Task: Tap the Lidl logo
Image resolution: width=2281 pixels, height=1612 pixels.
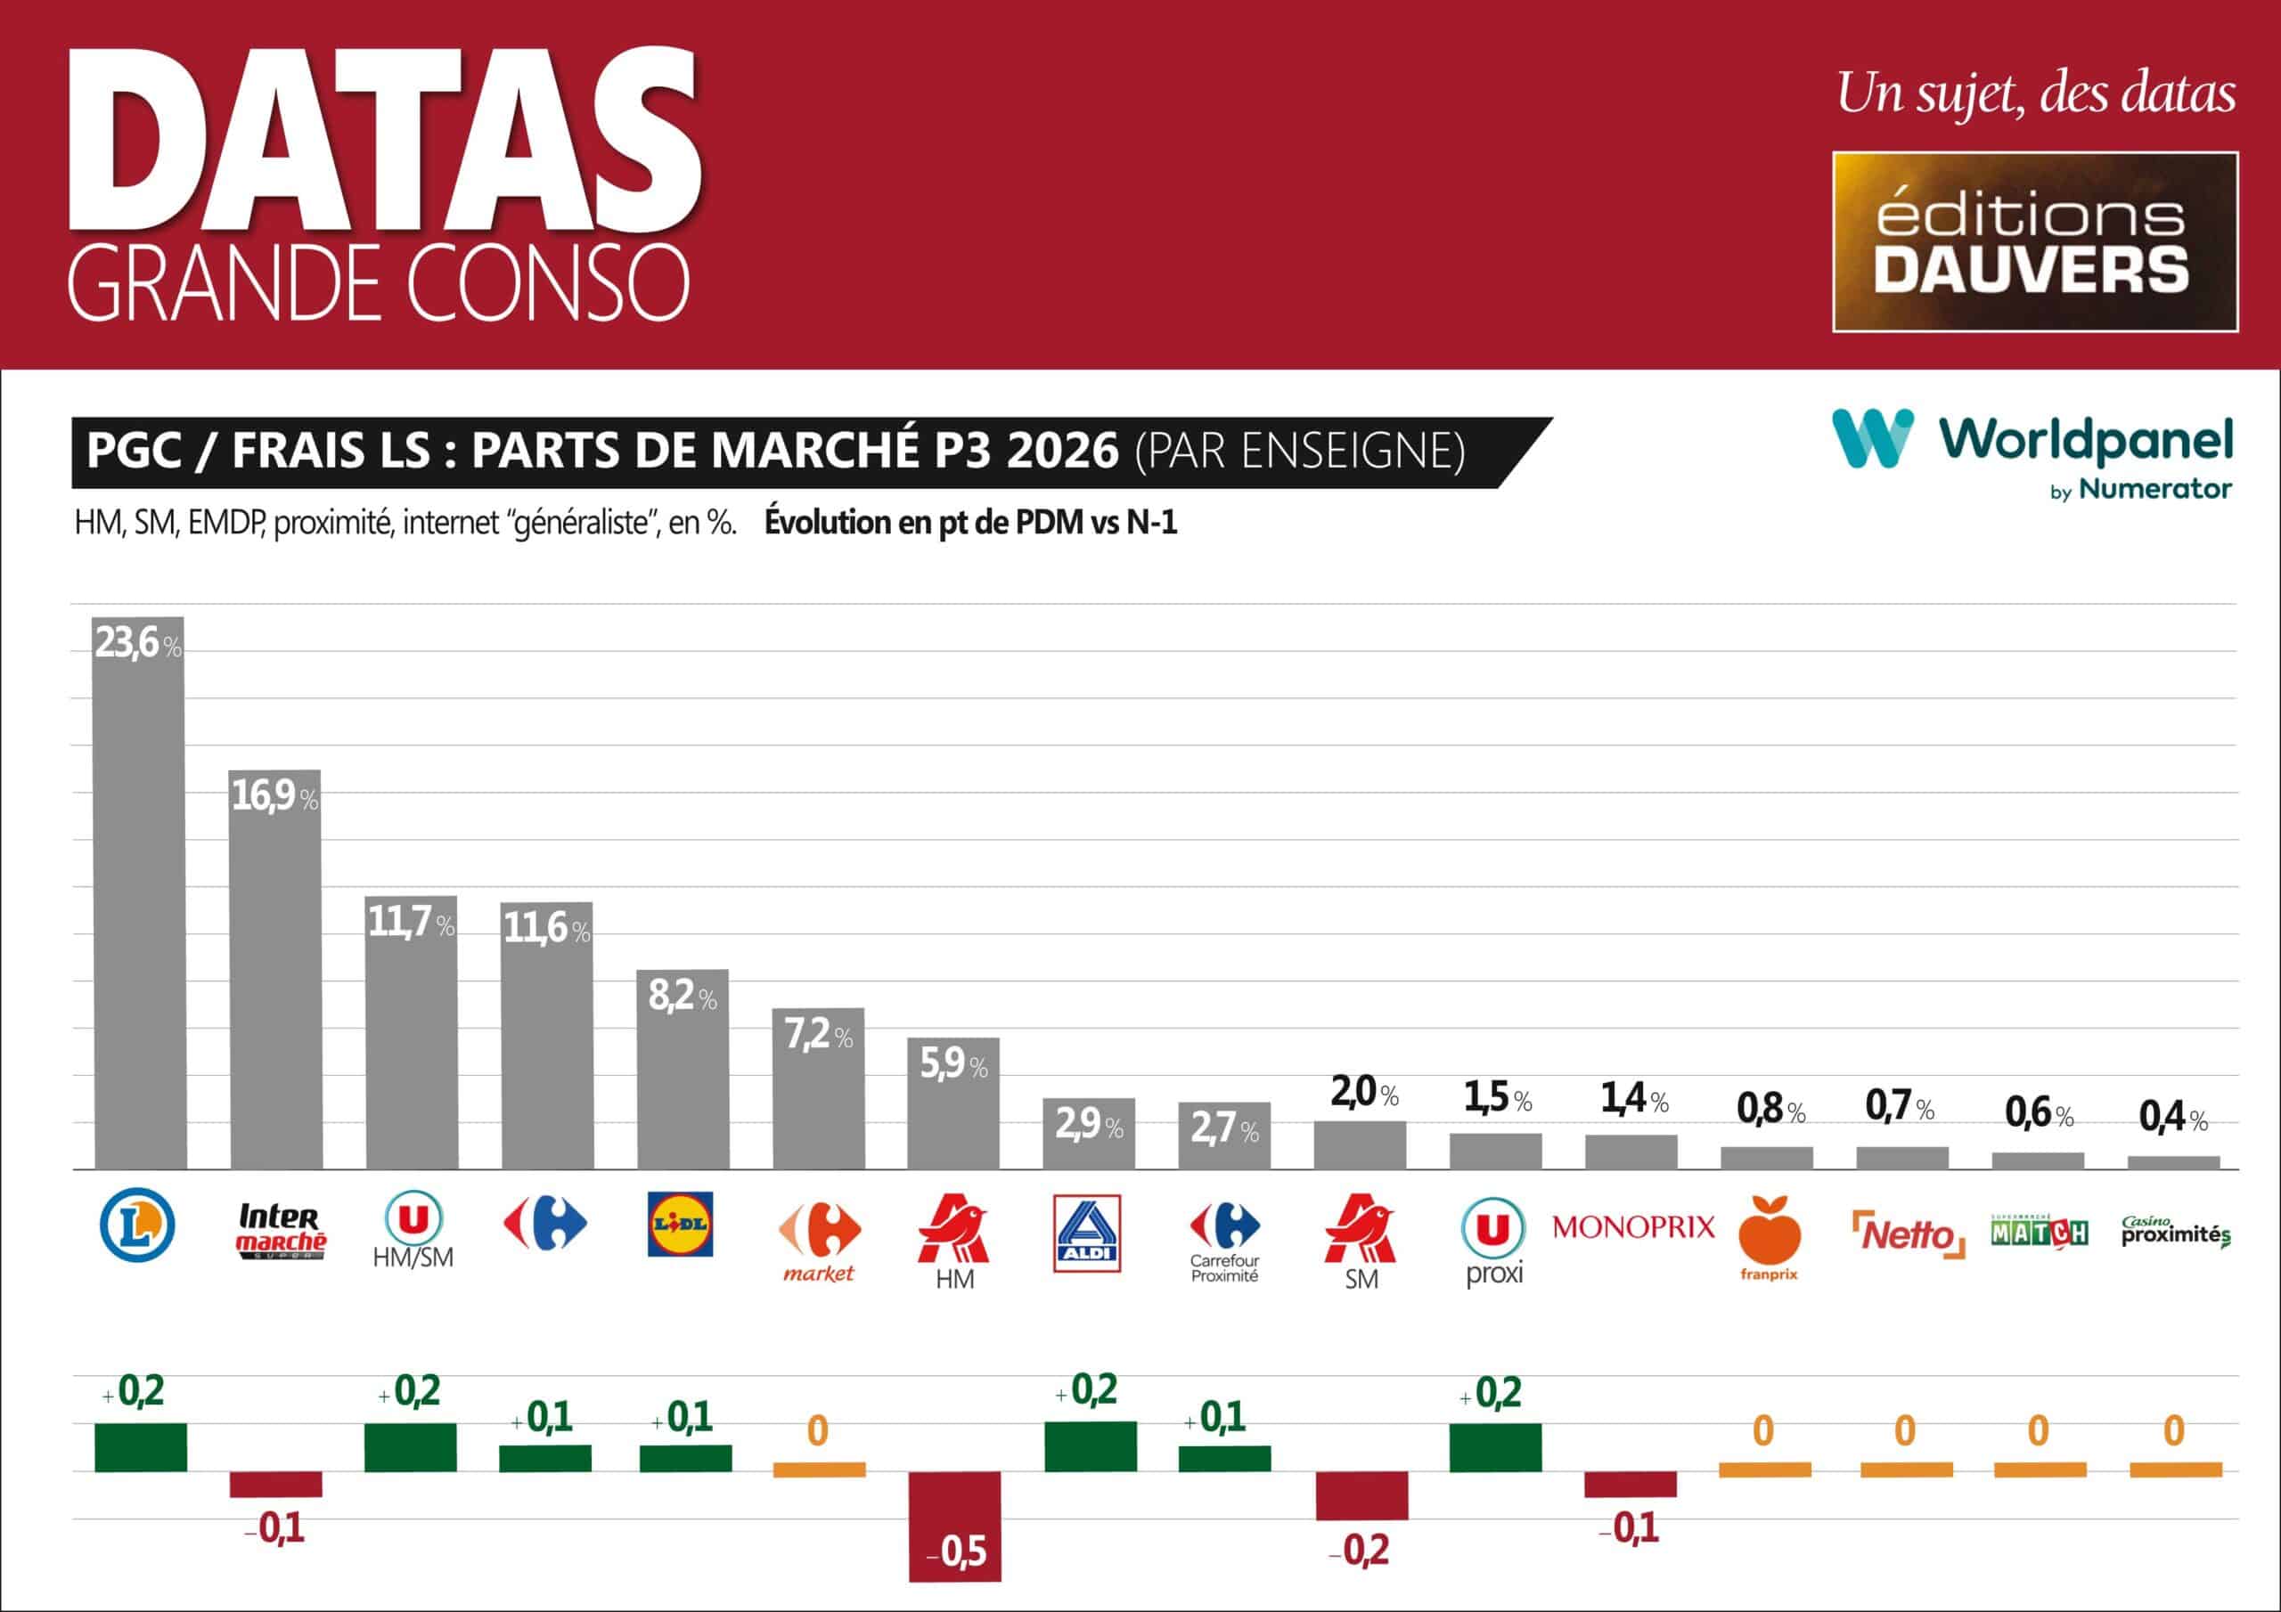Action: pos(680,1225)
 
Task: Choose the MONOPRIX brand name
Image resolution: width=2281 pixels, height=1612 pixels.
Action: pos(1633,1227)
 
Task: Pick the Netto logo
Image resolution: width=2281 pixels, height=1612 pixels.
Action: pos(1908,1234)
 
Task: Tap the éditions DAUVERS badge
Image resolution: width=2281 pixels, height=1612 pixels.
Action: pos(2034,241)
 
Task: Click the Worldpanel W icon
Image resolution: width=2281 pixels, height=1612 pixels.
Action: pos(1872,438)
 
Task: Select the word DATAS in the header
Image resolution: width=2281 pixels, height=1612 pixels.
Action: pos(386,139)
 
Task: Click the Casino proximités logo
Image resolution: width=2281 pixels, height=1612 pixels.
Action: pos(2175,1233)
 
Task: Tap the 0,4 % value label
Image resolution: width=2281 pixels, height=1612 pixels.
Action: pos(2172,1119)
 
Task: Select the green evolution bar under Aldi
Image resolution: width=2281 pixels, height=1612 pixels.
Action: pos(1090,1446)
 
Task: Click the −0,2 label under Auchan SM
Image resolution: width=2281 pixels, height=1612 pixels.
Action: pos(1359,1551)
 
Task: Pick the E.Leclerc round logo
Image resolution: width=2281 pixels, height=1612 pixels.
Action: pos(138,1226)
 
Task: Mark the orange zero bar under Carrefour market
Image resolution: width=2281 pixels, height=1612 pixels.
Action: pos(819,1469)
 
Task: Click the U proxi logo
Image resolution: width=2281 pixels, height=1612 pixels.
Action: pos(1493,1239)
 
